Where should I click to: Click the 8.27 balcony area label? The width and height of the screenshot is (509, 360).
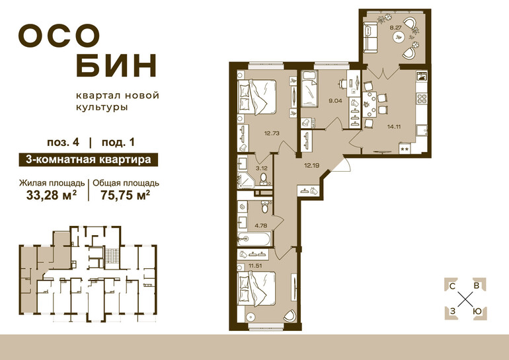[396, 28]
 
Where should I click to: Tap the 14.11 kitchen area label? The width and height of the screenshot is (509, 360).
[394, 126]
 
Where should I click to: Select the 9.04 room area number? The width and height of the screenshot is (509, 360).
[335, 100]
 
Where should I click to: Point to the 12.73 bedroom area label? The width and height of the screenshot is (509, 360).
[272, 133]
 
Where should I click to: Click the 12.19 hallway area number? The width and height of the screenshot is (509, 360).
[311, 165]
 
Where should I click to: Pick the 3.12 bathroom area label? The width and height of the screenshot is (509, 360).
[261, 168]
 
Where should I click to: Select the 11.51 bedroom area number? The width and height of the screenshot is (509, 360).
[255, 266]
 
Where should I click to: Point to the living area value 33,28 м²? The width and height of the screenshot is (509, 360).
[52, 195]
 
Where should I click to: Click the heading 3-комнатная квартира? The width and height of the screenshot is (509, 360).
[89, 160]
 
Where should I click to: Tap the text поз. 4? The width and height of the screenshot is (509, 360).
[63, 143]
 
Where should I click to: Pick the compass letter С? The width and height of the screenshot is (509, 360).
[452, 286]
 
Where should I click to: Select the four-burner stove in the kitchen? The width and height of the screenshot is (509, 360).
[422, 98]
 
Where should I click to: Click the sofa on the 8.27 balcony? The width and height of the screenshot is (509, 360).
[370, 37]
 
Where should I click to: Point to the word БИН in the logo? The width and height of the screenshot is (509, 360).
[116, 65]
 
